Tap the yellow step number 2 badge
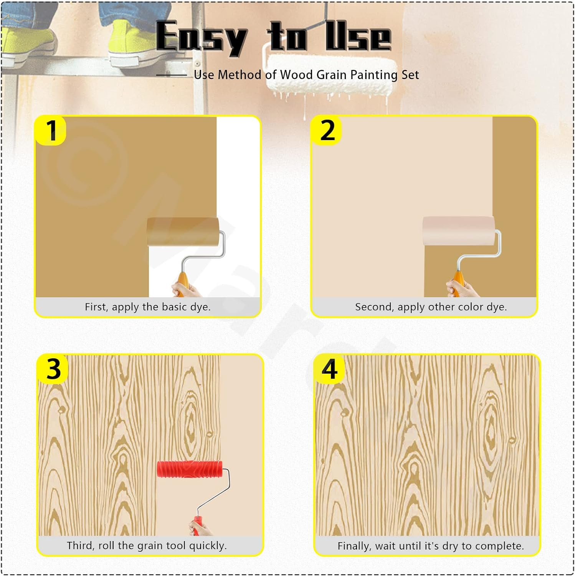click(x=327, y=131)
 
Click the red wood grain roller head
click(x=190, y=469)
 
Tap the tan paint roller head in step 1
click(x=183, y=232)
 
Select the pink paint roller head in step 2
click(x=458, y=231)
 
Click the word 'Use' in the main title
click(x=358, y=37)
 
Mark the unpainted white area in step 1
click(x=238, y=173)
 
